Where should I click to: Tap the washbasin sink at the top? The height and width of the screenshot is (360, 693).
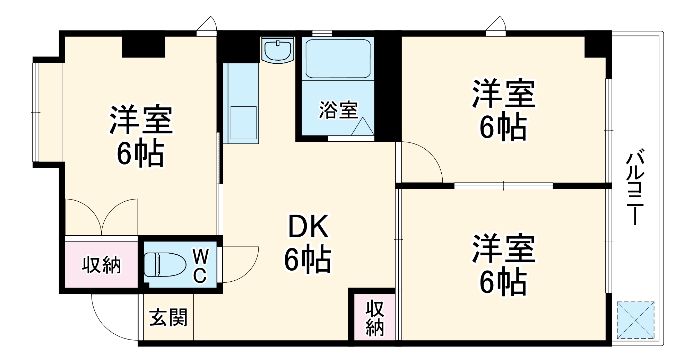pos(278,51)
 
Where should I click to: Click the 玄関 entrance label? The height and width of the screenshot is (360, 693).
pos(168,317)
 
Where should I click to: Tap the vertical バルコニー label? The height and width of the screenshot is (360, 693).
pos(635,187)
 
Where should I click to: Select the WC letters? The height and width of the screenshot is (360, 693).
pos(200,267)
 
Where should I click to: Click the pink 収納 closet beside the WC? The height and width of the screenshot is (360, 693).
pos(102,265)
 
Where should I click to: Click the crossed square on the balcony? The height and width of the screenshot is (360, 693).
pos(635,320)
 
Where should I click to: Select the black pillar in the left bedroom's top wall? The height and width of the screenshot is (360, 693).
pos(143,46)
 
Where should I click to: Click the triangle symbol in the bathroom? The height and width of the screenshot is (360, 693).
pos(362,127)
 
